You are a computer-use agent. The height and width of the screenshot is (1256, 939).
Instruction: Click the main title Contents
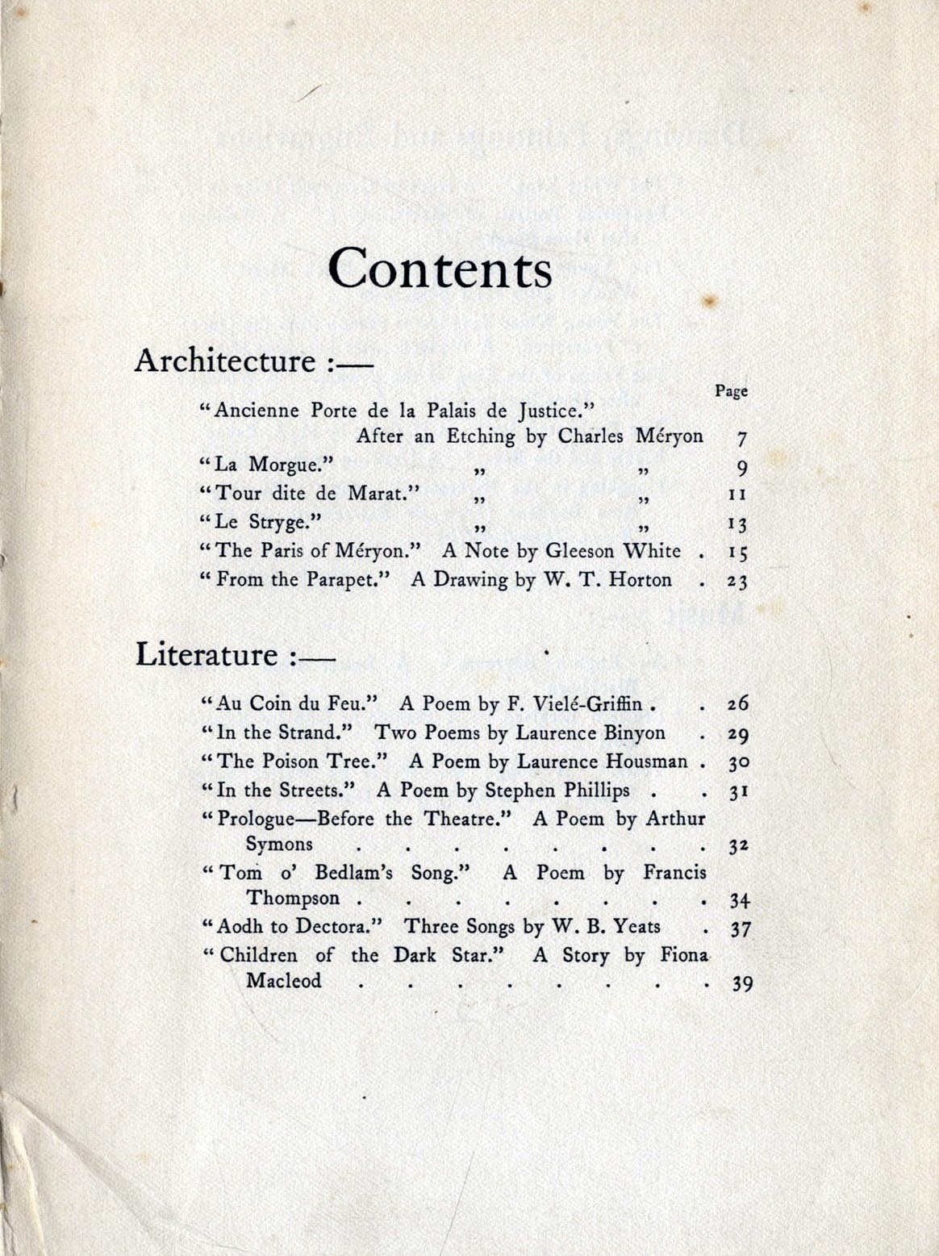pyautogui.click(x=440, y=268)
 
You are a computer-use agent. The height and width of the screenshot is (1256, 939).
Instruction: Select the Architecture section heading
pyautogui.click(x=225, y=361)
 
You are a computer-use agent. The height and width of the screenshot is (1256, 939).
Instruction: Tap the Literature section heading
pyautogui.click(x=207, y=654)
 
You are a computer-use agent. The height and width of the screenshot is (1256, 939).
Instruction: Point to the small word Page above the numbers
pyautogui.click(x=731, y=391)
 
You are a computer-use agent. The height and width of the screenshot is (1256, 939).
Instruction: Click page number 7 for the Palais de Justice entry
pyautogui.click(x=742, y=440)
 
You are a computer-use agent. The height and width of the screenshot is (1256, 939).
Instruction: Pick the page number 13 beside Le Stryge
pyautogui.click(x=737, y=525)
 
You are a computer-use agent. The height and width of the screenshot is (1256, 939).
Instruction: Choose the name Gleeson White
pyautogui.click(x=613, y=552)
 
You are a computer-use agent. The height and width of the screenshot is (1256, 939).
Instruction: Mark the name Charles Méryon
pyautogui.click(x=631, y=436)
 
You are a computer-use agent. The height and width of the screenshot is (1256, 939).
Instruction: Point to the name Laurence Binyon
pyautogui.click(x=591, y=732)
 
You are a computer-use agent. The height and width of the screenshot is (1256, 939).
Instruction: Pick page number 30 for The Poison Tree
pyautogui.click(x=739, y=763)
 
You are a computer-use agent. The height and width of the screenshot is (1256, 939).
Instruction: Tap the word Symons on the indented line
pyautogui.click(x=279, y=845)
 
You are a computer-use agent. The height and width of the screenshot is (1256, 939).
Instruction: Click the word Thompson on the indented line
pyautogui.click(x=294, y=899)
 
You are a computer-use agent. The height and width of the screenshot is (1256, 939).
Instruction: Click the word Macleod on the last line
pyautogui.click(x=284, y=982)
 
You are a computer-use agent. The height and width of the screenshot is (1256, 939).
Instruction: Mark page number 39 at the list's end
pyautogui.click(x=741, y=984)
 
